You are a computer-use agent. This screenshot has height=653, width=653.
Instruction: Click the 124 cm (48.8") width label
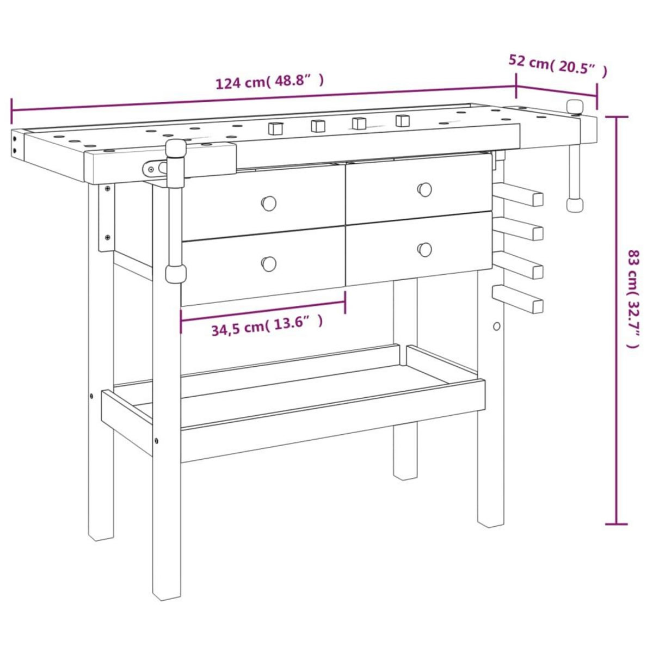pyautogui.click(x=270, y=82)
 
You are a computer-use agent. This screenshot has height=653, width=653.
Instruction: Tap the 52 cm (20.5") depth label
pyautogui.click(x=557, y=66)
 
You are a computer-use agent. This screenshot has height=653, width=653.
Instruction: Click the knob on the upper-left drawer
pyautogui.click(x=268, y=203)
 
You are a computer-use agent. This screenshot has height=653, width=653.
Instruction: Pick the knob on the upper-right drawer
pyautogui.click(x=424, y=189)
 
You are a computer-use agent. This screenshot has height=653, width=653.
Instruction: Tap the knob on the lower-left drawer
pyautogui.click(x=268, y=263)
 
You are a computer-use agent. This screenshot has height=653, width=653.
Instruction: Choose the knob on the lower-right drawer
pyautogui.click(x=424, y=249)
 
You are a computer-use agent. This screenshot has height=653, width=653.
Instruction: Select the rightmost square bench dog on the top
pyautogui.click(x=403, y=120)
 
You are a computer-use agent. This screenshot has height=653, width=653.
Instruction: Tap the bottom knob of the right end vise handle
pyautogui.click(x=574, y=205)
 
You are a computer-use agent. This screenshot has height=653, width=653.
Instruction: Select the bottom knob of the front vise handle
pyautogui.click(x=175, y=273)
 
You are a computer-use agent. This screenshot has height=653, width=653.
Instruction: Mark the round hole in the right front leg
pyautogui.click(x=496, y=326)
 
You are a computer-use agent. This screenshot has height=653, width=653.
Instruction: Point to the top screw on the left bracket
pyautogui.click(x=107, y=189)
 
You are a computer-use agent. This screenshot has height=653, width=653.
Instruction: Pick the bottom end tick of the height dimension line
pyautogui.click(x=616, y=524)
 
